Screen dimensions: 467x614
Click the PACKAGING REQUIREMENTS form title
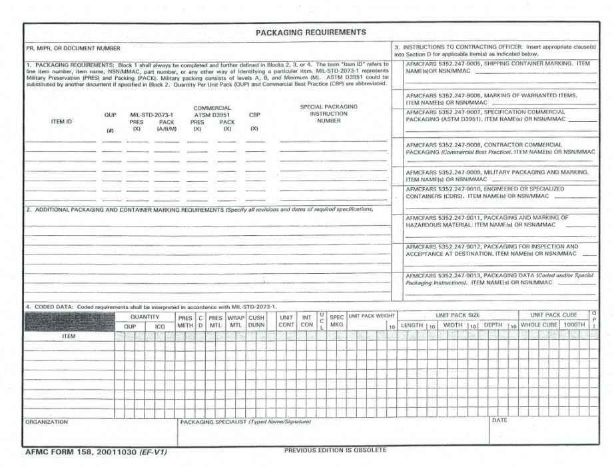coord(311,32)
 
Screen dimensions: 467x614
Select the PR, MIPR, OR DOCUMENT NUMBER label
coord(73,49)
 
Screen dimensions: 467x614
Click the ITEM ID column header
coord(61,122)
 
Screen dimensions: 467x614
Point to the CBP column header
coord(254,115)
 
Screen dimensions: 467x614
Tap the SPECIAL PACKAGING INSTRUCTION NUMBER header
coord(328,114)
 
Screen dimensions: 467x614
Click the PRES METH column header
coord(184,322)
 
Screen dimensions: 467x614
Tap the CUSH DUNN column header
coord(256,322)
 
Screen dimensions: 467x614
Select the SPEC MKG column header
coord(336,322)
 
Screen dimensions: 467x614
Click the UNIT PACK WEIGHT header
coord(371,316)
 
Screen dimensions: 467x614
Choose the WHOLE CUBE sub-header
coord(538,325)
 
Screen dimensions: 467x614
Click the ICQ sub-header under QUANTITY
coord(160,326)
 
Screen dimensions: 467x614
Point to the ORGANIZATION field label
coord(47,422)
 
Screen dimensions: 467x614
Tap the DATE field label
coord(499,421)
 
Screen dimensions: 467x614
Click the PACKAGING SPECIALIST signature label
coord(245,422)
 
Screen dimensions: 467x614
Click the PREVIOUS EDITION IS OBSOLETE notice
coord(334,451)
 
